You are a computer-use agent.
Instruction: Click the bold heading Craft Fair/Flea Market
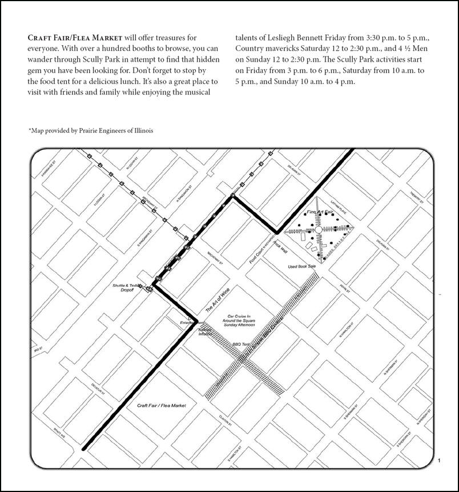pos(75,38)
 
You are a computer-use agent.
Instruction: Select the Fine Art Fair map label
pos(319,212)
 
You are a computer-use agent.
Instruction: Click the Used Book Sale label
pos(301,267)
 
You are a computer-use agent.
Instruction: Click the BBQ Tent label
pos(241,345)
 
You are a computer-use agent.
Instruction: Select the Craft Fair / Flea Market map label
pos(162,405)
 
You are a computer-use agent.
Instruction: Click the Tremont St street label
pos(415,197)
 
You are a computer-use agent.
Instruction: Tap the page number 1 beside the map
pos(438,461)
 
